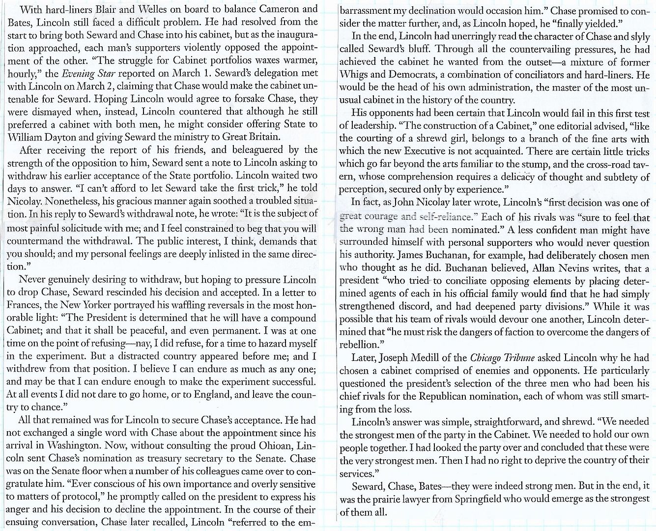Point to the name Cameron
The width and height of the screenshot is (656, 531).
[281, 9]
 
